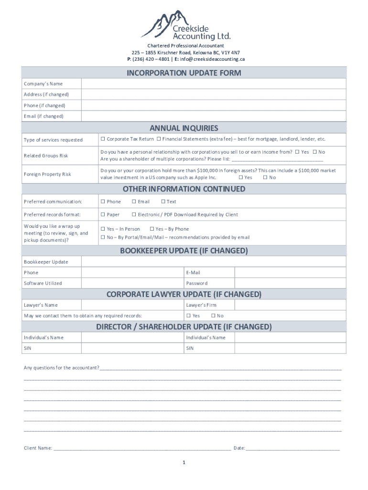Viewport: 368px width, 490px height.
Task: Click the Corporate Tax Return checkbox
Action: pyautogui.click(x=103, y=139)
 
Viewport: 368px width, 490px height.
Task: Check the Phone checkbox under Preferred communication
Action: pyautogui.click(x=103, y=202)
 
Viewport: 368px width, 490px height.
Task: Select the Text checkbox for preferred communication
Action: pyautogui.click(x=163, y=202)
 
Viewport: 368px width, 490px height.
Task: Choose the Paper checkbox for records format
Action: pyautogui.click(x=103, y=215)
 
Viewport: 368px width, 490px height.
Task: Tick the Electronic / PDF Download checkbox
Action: pyautogui.click(x=134, y=215)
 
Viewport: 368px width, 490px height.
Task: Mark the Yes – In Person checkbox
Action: pyautogui.click(x=103, y=229)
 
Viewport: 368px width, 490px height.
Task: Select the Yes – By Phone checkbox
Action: pyautogui.click(x=152, y=229)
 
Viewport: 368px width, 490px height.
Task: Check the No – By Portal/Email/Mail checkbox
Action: pyautogui.click(x=103, y=237)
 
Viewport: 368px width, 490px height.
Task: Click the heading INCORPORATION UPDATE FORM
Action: pyautogui.click(x=184, y=73)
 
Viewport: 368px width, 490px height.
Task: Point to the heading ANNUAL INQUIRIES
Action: pyautogui.click(x=184, y=128)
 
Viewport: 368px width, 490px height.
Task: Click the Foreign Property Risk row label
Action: pyautogui.click(x=47, y=174)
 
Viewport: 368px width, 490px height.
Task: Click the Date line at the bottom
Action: pyautogui.click(x=292, y=448)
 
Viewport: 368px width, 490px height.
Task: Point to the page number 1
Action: pyautogui.click(x=184, y=463)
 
